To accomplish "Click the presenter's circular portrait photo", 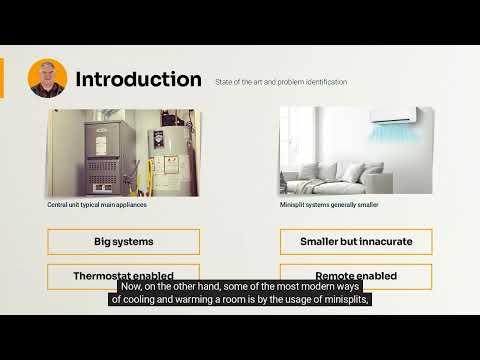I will [x=48, y=77].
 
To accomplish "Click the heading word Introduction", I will [x=138, y=78].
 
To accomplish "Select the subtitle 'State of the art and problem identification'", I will [x=281, y=82].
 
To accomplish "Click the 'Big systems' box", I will [x=123, y=241].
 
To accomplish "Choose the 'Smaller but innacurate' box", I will [x=356, y=241].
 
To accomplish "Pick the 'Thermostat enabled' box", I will [x=123, y=275].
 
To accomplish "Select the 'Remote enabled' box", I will [x=356, y=275].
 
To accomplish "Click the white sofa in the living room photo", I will [x=330, y=170].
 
